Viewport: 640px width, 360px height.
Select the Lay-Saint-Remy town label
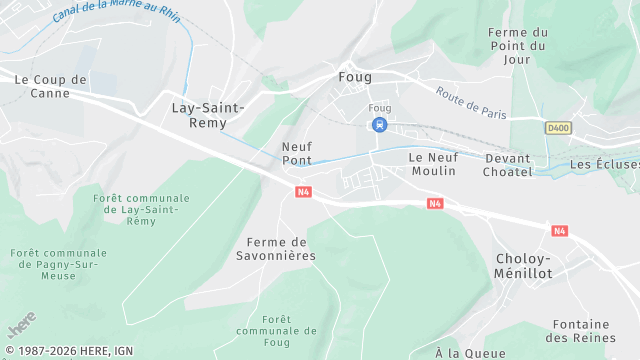click(x=209, y=114)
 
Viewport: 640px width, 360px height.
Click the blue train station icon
click(x=379, y=125)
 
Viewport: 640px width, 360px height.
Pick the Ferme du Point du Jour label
click(x=518, y=45)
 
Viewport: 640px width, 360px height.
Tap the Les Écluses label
click(x=604, y=164)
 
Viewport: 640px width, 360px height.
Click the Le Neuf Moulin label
click(x=433, y=164)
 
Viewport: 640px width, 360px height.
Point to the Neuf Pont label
click(x=297, y=153)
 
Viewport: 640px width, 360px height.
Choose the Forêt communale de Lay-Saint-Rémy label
click(x=141, y=211)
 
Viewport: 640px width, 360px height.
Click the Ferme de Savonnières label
click(x=281, y=248)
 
